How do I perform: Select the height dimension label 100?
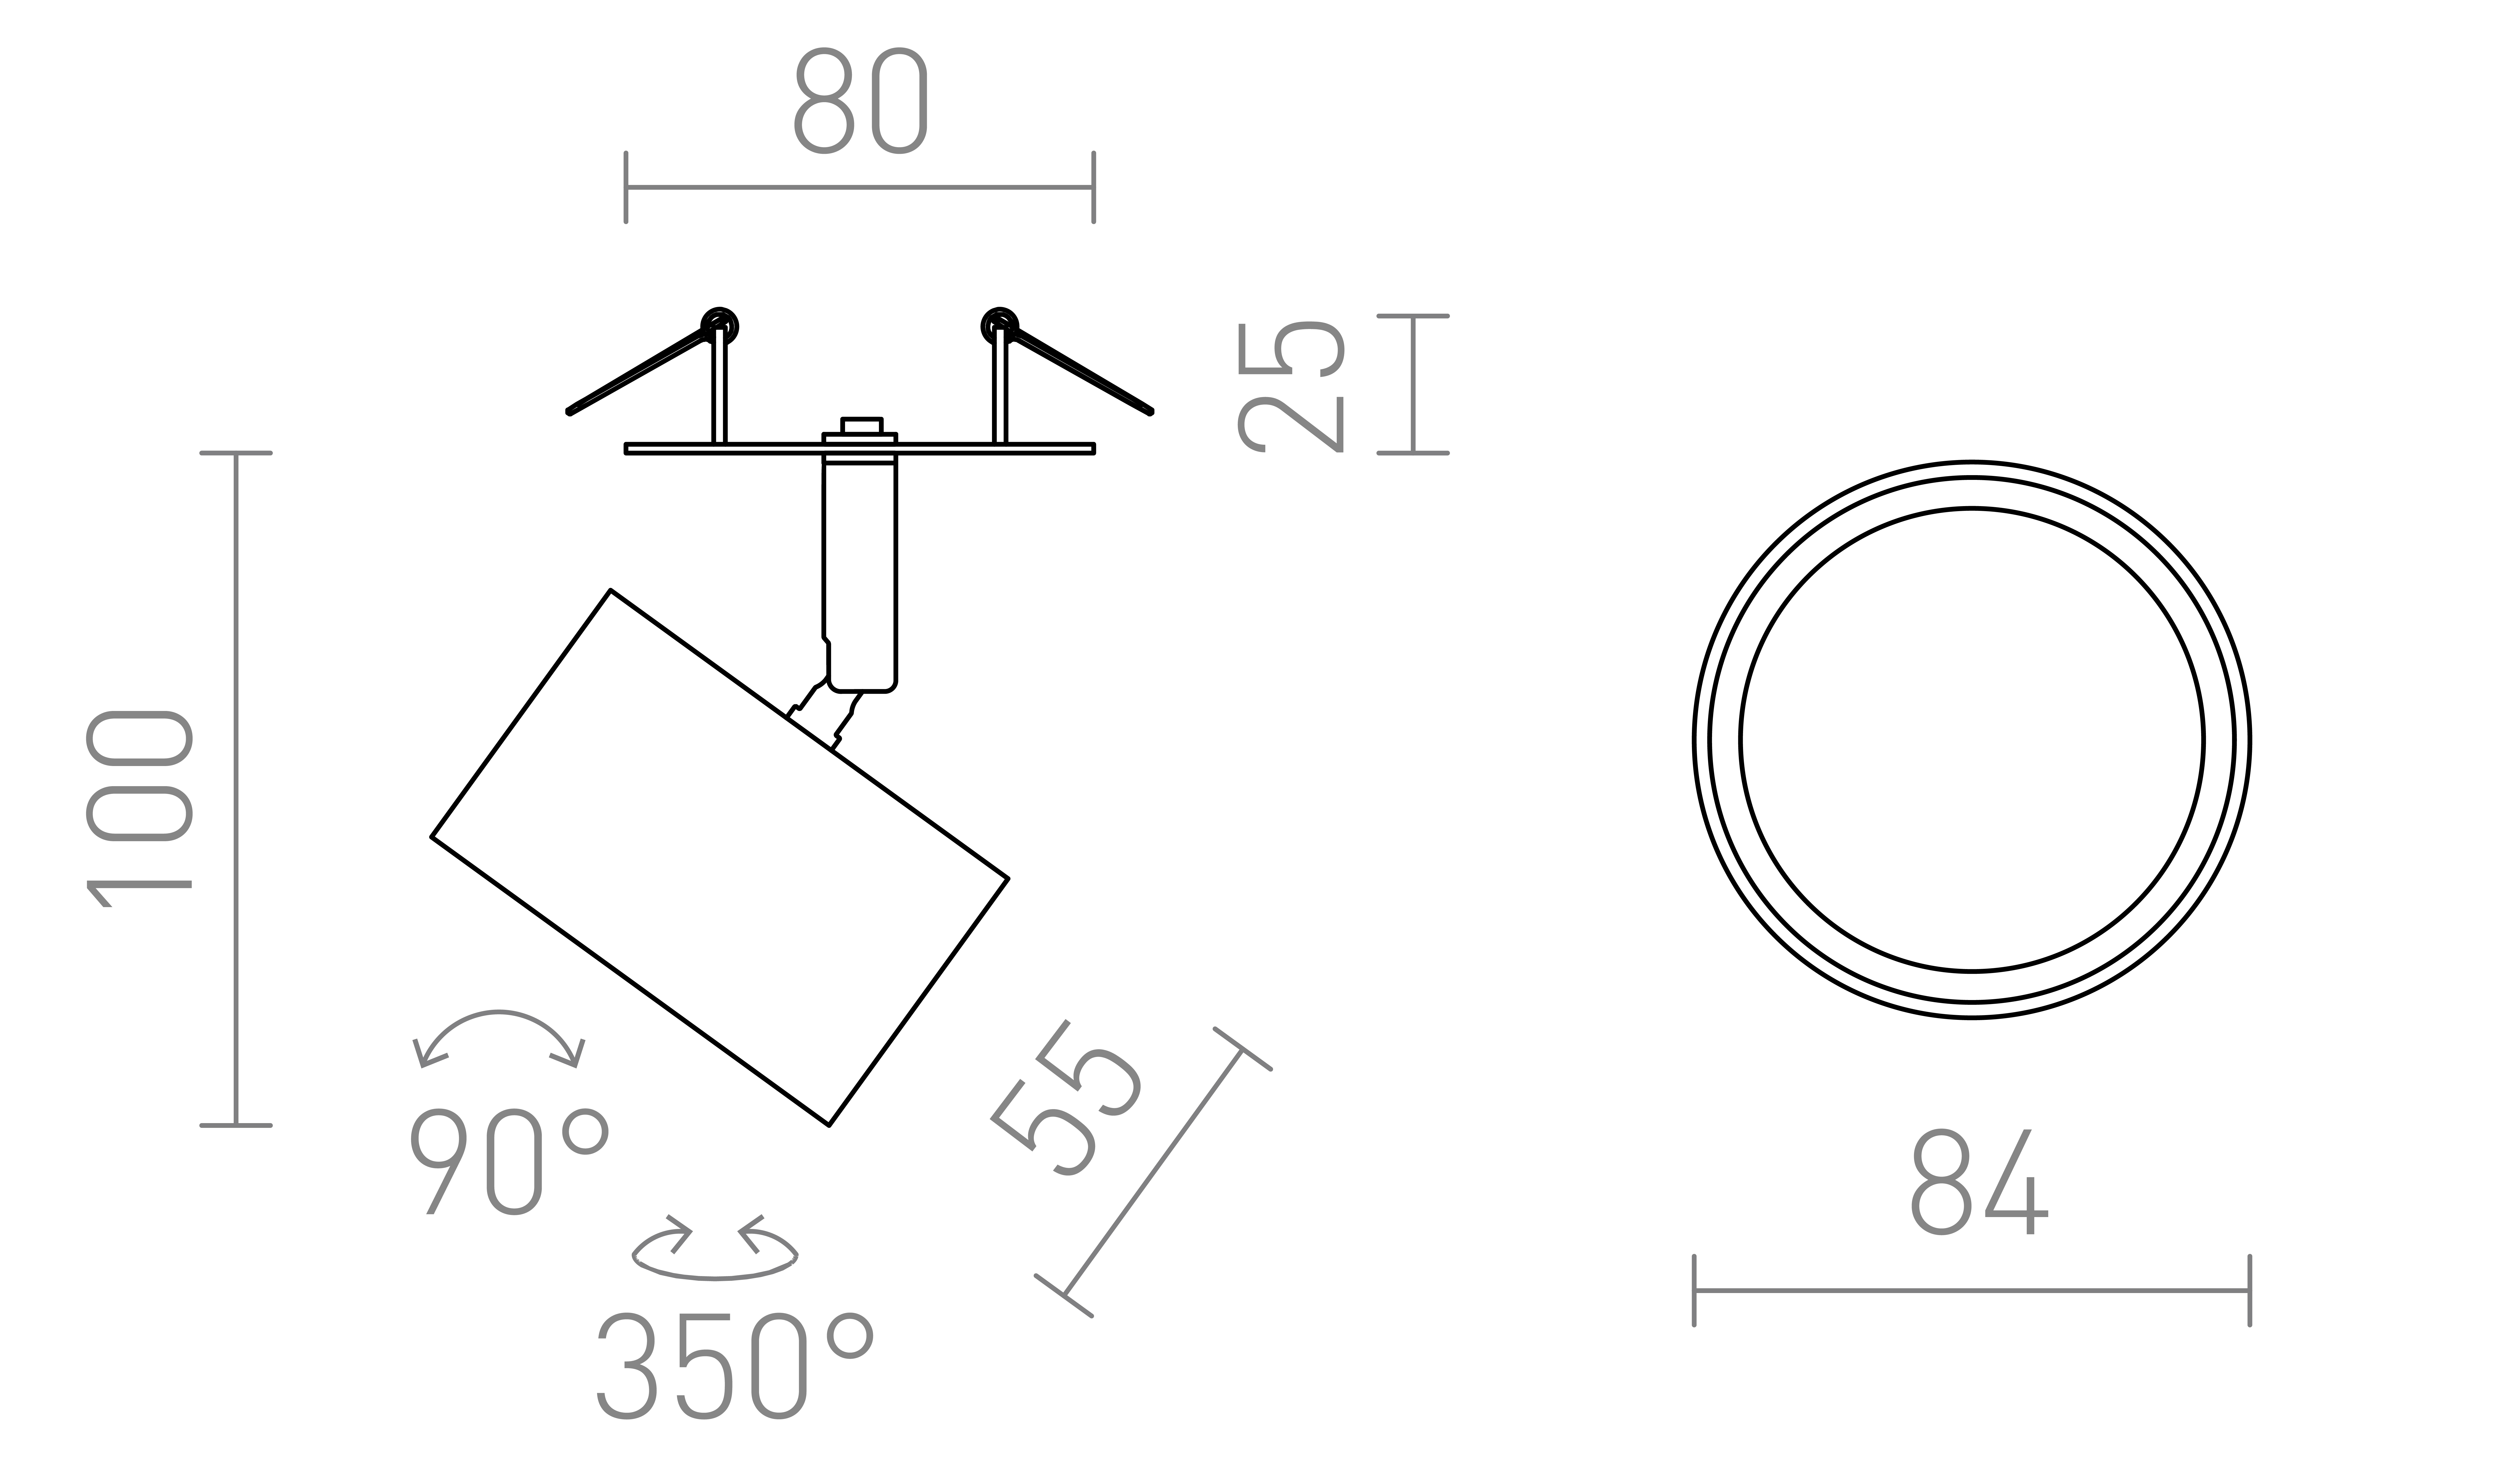tap(139, 809)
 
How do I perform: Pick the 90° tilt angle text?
tap(509, 1160)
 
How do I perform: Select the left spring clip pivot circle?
tap(720, 326)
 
